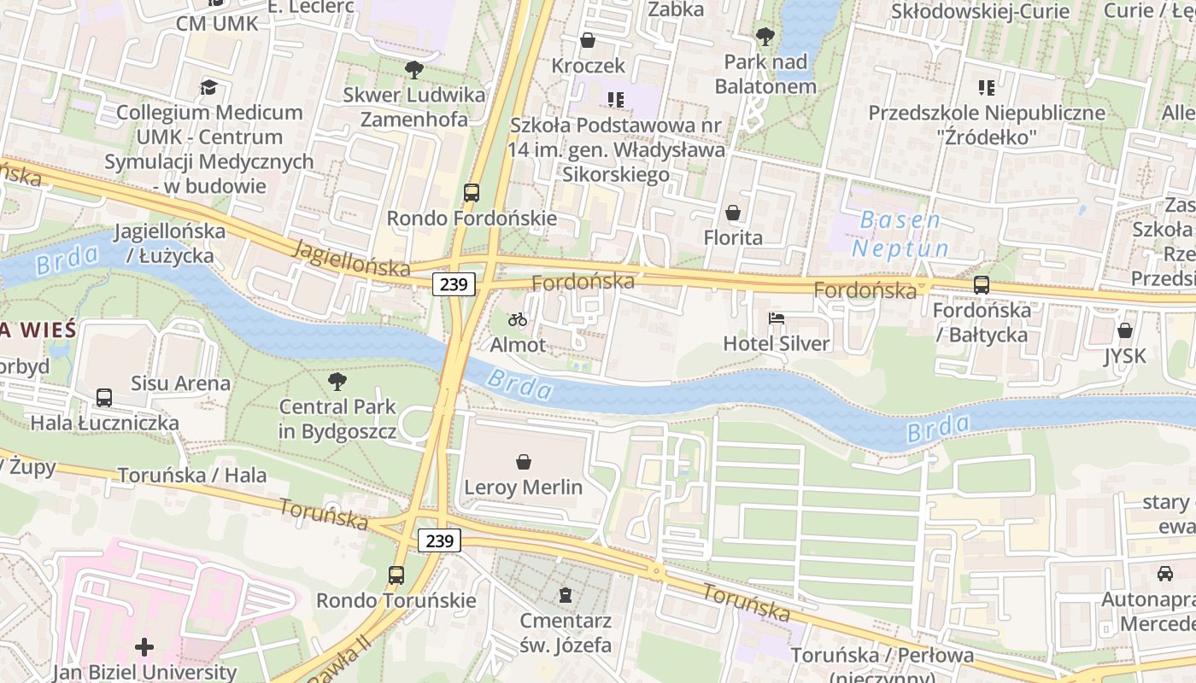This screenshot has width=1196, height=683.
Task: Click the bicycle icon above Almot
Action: point(517,320)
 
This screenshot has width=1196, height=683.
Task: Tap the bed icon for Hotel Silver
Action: point(777,319)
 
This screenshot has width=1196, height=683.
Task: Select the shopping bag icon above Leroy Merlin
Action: point(524,463)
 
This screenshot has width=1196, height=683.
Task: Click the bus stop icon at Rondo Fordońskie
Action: point(472,193)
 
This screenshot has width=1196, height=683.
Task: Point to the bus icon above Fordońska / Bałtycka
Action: point(982,286)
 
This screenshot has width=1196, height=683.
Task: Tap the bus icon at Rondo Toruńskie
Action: point(396,575)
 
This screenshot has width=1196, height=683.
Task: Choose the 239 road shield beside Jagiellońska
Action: point(453,284)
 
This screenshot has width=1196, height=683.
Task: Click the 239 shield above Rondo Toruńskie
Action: point(439,540)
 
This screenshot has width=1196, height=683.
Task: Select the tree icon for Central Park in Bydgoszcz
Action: point(337,382)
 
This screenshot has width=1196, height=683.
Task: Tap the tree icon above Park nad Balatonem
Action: point(765,37)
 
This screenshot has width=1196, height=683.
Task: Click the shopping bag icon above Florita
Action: point(733,213)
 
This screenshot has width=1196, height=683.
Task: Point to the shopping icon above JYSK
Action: point(1125,330)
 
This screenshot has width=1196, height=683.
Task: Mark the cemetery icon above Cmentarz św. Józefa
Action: point(565,594)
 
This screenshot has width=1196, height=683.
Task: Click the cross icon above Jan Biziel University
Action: point(144,647)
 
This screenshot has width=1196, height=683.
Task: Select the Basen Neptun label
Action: point(900,234)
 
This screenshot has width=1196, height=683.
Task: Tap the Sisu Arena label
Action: point(180,383)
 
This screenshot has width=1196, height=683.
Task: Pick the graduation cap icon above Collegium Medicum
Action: point(209,87)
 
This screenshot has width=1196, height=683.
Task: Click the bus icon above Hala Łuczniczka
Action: point(104,398)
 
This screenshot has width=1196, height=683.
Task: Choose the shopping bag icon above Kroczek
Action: point(588,40)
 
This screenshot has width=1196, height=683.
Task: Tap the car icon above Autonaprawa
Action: point(1165,573)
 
